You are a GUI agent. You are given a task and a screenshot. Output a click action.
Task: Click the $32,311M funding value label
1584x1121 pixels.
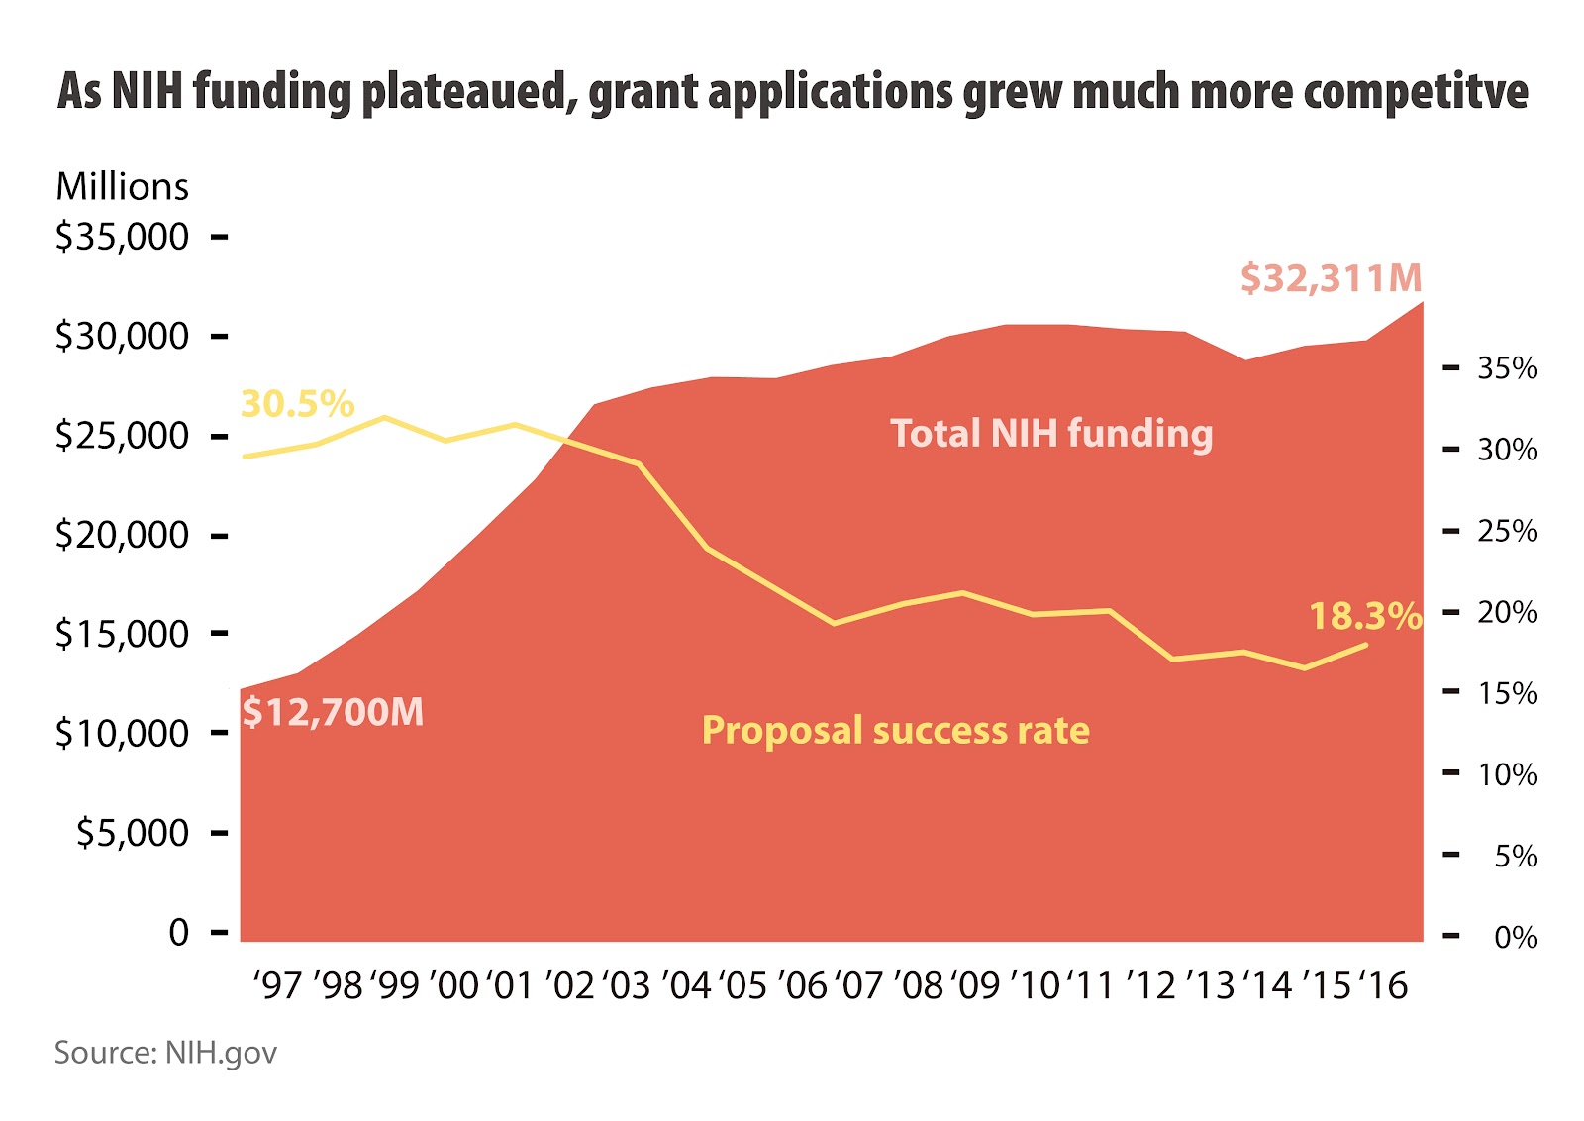[1331, 278]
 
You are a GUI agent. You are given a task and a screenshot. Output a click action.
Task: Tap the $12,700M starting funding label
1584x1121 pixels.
[333, 712]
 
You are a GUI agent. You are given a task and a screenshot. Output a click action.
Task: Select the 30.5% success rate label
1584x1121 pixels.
[297, 404]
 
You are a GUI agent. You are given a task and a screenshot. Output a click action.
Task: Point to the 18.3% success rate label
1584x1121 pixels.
[1364, 616]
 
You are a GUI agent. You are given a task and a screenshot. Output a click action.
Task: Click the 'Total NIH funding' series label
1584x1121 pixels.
[1051, 434]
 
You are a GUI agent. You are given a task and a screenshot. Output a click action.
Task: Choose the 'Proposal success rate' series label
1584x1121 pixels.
[895, 731]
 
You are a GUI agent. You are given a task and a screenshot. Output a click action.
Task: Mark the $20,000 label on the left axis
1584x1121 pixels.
[122, 535]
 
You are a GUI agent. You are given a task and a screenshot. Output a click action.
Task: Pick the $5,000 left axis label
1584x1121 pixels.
[133, 833]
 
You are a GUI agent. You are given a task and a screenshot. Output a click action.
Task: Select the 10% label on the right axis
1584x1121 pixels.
[1507, 774]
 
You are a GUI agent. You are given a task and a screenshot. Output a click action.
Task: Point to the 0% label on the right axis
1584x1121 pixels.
[1515, 937]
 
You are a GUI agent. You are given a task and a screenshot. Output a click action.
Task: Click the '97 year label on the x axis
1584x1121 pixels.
[277, 986]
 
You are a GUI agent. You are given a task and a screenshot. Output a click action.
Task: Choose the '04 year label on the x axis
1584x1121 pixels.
[686, 986]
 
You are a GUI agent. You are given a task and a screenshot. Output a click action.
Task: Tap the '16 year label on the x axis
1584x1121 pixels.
[1383, 986]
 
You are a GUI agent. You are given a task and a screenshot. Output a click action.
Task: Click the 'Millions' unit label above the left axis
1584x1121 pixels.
[122, 187]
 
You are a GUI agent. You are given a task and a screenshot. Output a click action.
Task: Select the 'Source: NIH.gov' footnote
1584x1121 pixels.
[165, 1053]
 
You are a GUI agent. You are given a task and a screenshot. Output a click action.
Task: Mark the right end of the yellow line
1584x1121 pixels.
[1367, 645]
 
